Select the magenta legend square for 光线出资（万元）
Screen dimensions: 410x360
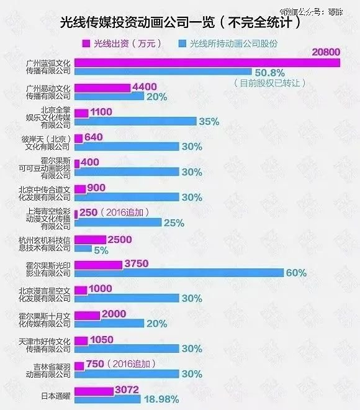(x=86, y=44)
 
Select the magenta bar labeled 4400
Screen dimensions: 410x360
(x=102, y=88)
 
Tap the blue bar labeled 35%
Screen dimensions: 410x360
(x=135, y=122)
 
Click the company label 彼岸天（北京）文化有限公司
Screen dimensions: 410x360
(x=47, y=143)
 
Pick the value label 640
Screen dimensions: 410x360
(x=96, y=137)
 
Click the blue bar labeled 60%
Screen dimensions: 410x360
(x=179, y=273)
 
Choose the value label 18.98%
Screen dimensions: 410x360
(x=161, y=399)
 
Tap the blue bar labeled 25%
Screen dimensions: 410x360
(x=118, y=222)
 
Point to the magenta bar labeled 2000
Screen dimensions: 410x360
(x=87, y=315)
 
